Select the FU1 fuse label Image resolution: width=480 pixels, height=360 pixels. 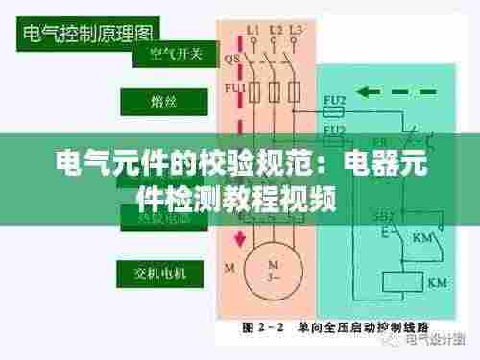235,90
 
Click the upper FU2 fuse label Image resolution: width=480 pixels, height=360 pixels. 335,98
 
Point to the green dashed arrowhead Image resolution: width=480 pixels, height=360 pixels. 372,93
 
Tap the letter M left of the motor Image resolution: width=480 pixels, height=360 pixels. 228,265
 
